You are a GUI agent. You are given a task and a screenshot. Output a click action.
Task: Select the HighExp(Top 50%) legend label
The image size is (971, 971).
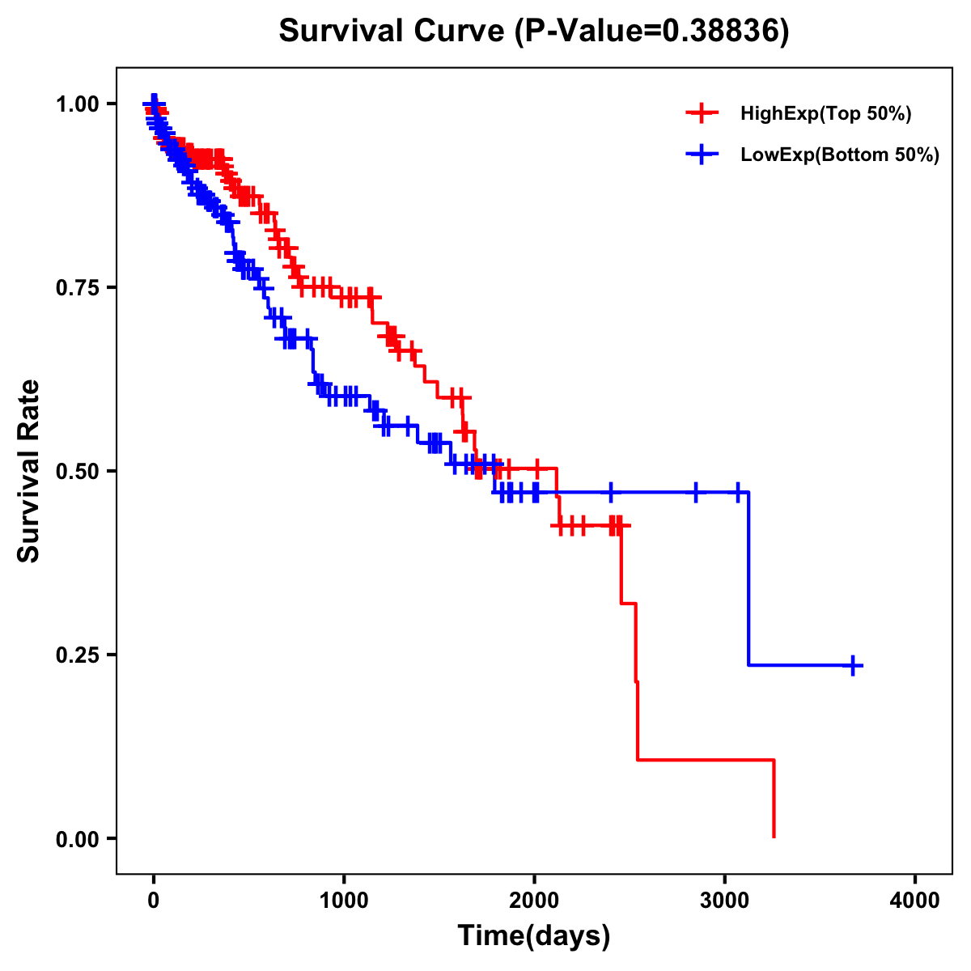tap(825, 114)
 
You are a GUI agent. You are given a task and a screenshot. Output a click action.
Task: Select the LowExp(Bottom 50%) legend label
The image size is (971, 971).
tap(840, 155)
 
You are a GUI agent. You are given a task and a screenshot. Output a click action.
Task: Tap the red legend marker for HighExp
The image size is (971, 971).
tap(702, 113)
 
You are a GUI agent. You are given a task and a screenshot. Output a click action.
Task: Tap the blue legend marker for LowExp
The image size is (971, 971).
tap(702, 154)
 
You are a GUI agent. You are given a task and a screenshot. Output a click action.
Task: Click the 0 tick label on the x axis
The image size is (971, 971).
tap(154, 901)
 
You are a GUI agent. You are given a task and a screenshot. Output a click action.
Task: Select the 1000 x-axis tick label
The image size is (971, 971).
tap(344, 901)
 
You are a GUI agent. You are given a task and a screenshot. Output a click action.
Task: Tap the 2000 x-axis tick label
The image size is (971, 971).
tap(534, 901)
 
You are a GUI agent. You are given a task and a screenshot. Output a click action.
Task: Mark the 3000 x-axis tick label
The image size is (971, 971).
tap(725, 901)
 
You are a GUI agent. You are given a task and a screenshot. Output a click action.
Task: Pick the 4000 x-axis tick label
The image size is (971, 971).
tap(915, 901)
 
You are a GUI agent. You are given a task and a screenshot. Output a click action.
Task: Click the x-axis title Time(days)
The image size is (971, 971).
tap(534, 936)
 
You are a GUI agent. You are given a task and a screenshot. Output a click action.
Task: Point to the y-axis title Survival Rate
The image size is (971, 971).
tap(29, 471)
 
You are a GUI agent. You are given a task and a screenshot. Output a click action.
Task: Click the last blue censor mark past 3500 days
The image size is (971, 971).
tap(853, 665)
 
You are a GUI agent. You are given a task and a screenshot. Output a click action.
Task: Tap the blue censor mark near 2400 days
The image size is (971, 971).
tap(611, 492)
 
